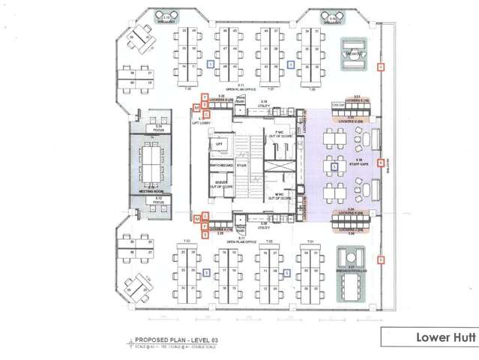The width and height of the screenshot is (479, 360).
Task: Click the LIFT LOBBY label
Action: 202,121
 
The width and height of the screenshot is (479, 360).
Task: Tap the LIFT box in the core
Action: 219,143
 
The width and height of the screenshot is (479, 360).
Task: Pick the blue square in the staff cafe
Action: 344,164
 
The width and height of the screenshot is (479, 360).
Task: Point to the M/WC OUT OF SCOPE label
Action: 277,196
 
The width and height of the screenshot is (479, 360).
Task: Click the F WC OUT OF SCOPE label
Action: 277,134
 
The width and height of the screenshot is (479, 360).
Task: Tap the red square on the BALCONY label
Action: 381,162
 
